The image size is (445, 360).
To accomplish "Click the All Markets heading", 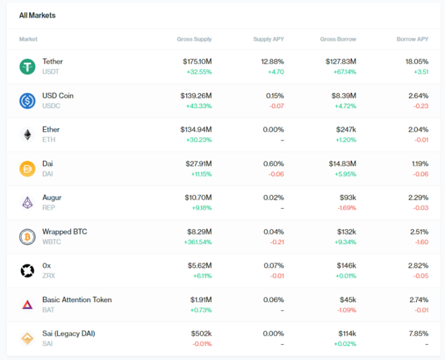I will pyautogui.click(x=37, y=15).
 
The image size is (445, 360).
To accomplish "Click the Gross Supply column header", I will pyautogui.click(x=194, y=39).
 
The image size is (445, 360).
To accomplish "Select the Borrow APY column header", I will pyautogui.click(x=412, y=39).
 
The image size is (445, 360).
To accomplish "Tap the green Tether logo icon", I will pyautogui.click(x=27, y=66).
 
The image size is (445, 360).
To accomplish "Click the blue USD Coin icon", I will pyautogui.click(x=27, y=100).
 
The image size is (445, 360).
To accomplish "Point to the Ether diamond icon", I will pyautogui.click(x=27, y=134).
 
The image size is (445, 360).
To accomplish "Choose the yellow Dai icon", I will pyautogui.click(x=27, y=169).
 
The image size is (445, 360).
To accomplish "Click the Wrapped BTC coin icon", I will pyautogui.click(x=27, y=237).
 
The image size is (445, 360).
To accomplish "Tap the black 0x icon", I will pyautogui.click(x=27, y=270).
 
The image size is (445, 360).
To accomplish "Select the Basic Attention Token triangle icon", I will pyautogui.click(x=27, y=305).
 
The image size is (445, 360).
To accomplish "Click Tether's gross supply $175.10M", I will pyautogui.click(x=196, y=62).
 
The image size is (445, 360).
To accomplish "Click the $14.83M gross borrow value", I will pyautogui.click(x=341, y=163).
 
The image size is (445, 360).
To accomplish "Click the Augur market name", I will pyautogui.click(x=52, y=198).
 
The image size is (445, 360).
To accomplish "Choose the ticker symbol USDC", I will pyautogui.click(x=51, y=105).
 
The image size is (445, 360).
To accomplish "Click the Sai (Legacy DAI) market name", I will pyautogui.click(x=69, y=333).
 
